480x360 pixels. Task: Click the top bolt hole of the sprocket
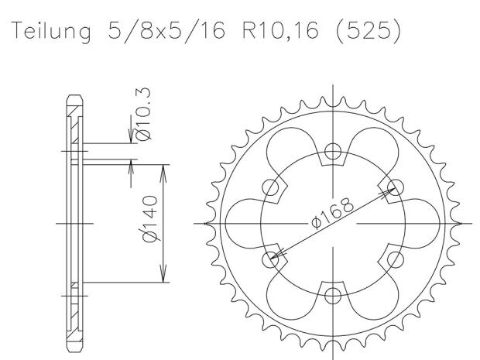pyautogui.click(x=333, y=151)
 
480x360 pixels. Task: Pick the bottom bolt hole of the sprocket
pyautogui.click(x=333, y=295)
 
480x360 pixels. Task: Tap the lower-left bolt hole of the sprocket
pyautogui.click(x=271, y=259)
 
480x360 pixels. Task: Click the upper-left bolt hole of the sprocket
pyautogui.click(x=271, y=187)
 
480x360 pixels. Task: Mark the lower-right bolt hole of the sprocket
pyautogui.click(x=396, y=259)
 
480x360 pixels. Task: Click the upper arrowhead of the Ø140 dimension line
pyautogui.click(x=163, y=166)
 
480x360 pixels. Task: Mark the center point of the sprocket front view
pyautogui.click(x=333, y=223)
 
